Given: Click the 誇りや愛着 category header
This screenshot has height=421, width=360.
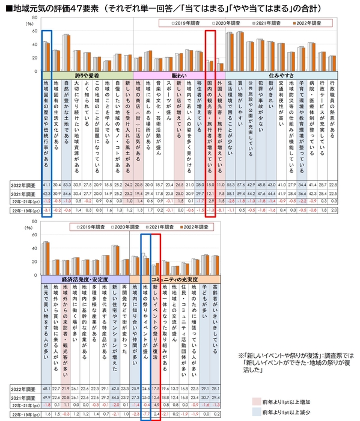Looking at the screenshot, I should [x=87, y=76].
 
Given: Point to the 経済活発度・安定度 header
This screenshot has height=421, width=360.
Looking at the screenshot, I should [x=85, y=280].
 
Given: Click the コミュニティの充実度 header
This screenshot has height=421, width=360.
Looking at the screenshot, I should [x=174, y=280].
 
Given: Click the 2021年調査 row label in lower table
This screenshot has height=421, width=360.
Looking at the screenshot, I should [x=23, y=397].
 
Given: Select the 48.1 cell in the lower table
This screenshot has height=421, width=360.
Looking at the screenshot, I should [x=46, y=388].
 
